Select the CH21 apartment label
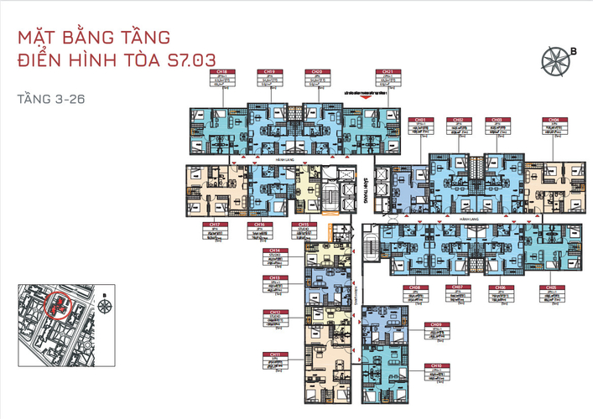388,74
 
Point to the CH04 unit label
553,120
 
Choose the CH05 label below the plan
553,287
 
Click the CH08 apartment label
415,287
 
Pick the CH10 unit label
434,366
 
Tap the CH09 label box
434,324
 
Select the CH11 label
274,354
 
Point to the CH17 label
216,225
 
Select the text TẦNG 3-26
50,99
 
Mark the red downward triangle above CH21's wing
362,98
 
